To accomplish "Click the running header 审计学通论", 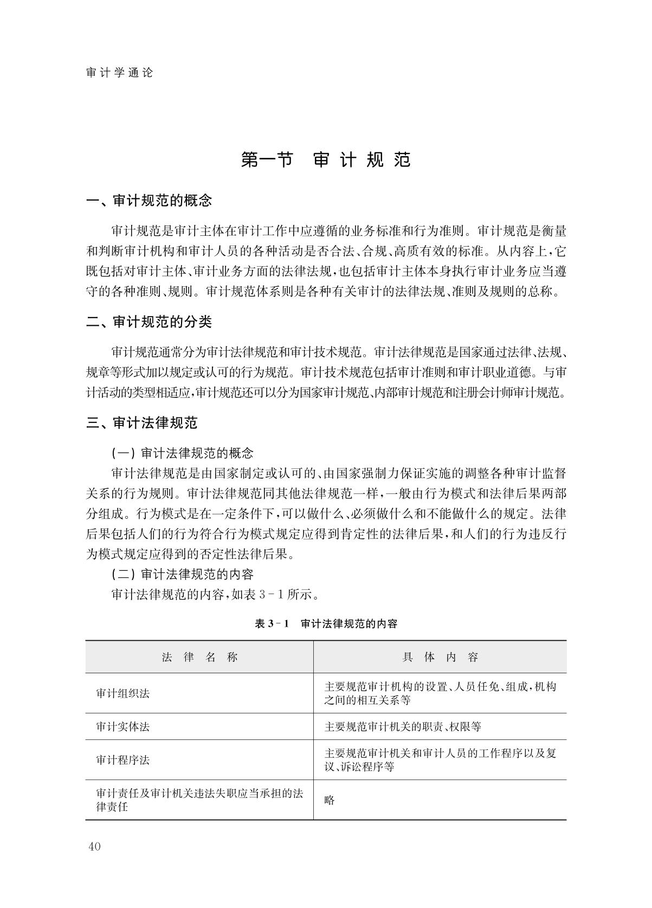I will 120,73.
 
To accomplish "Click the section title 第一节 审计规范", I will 326,160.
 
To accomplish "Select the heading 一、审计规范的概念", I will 149,201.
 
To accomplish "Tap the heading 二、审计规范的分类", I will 149,322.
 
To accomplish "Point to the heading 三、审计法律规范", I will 142,423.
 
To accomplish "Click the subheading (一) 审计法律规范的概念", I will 182,453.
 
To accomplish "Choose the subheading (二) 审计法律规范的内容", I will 182,574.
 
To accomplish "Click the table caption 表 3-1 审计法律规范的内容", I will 326,624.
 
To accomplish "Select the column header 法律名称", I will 199,658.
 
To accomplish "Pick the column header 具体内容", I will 440,658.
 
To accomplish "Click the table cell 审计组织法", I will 122,693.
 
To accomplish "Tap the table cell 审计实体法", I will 122,727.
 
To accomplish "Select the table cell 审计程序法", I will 122,760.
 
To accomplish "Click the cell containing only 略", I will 330,800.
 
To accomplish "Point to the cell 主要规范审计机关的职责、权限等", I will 403,727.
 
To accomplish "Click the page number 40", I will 94,847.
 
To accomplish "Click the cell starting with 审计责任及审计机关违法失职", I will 199,800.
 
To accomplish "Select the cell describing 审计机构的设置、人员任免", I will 440,693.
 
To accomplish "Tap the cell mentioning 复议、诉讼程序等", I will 440,760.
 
